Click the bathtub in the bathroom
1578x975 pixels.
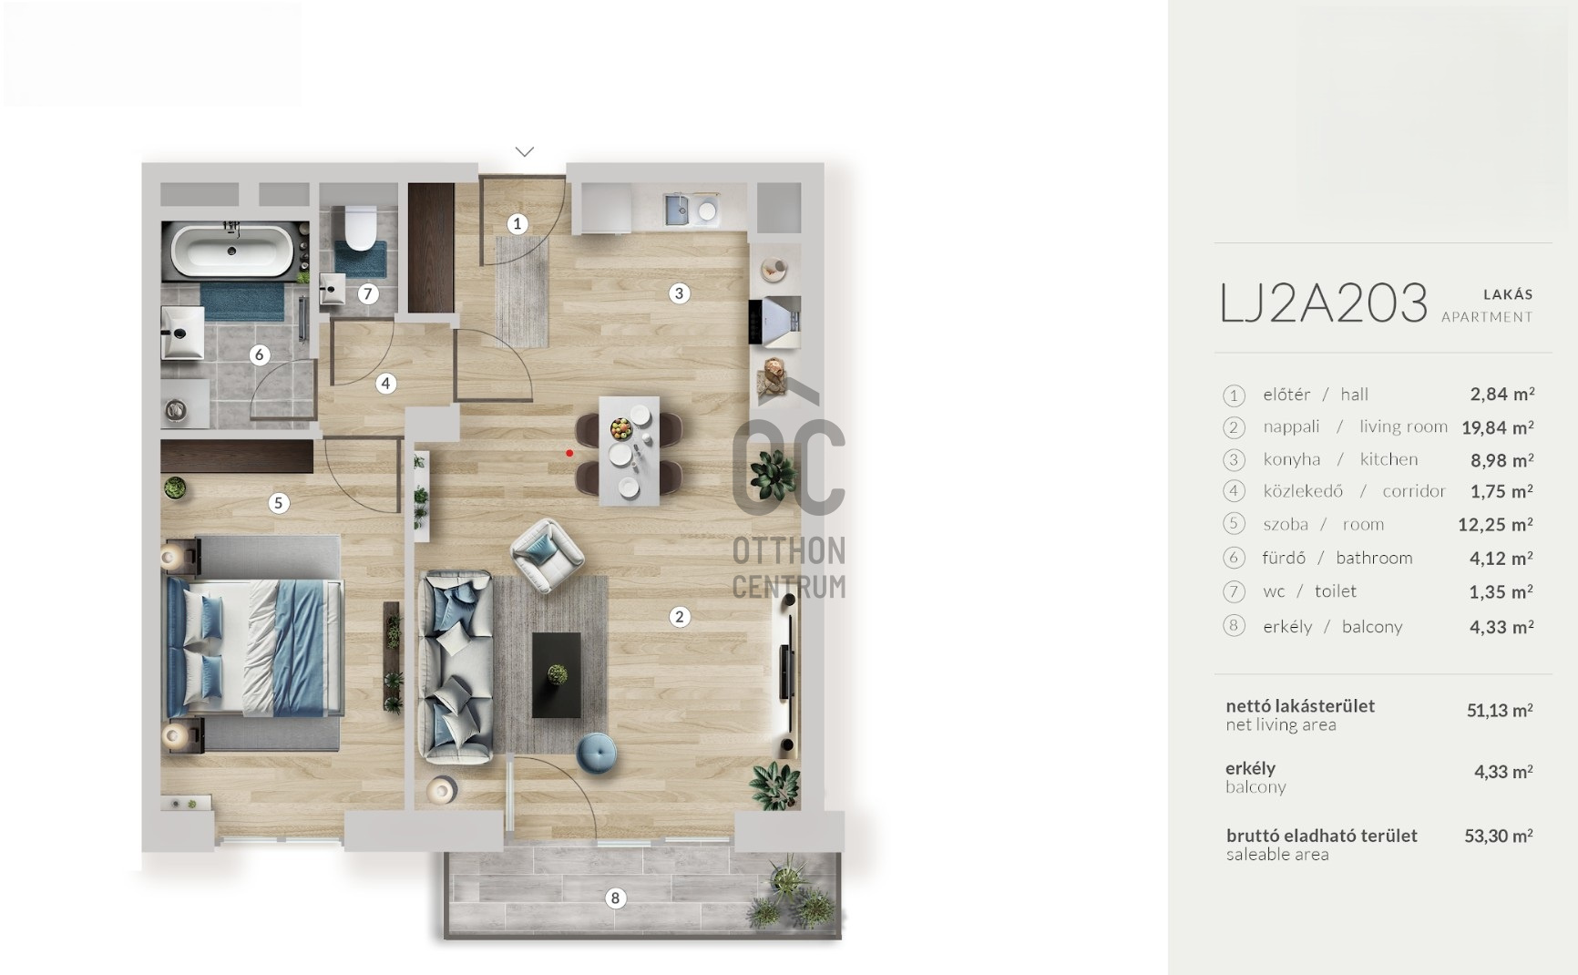[x=233, y=250]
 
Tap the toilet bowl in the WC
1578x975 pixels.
[x=361, y=228]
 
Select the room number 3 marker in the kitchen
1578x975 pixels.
[x=678, y=293]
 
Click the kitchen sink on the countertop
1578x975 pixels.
[x=679, y=210]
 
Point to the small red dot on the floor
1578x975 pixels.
[x=569, y=453]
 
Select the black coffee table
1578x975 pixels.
[x=556, y=675]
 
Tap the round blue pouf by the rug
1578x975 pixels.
[x=596, y=753]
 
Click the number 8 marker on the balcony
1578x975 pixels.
[x=615, y=898]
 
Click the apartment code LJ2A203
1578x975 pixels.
[x=1323, y=303]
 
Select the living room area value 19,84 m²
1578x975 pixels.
[x=1498, y=427]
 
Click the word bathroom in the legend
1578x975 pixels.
[x=1374, y=558]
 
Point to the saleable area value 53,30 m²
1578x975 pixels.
[x=1499, y=836]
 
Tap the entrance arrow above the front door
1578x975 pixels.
[x=524, y=151]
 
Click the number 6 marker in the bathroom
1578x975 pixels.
[x=259, y=354]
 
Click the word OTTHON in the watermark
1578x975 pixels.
[x=789, y=550]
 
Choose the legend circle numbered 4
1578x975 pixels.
[x=1234, y=492]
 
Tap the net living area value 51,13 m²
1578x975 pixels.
[x=1500, y=711]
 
